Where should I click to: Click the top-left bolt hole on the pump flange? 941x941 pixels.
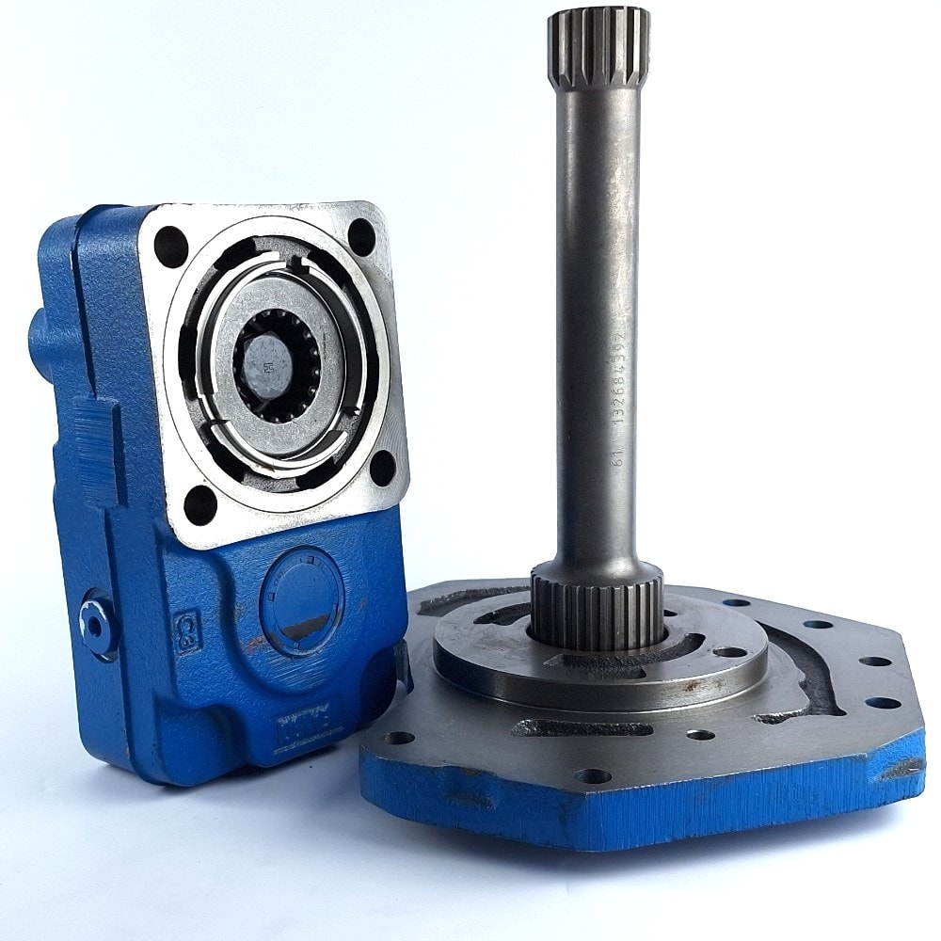171,247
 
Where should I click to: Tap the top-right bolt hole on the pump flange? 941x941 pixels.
361,237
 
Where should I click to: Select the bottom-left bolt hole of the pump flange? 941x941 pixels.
200,503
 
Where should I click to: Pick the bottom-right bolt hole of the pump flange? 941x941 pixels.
382,468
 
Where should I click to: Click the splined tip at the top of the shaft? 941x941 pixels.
598,47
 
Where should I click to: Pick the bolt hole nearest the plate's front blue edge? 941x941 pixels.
593,776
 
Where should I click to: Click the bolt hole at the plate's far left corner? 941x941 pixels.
400,737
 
